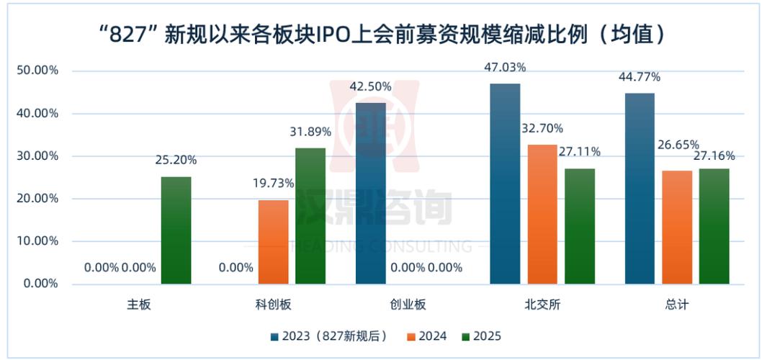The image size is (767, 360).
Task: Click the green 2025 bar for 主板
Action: [176, 230]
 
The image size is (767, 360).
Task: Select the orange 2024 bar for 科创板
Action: [273, 242]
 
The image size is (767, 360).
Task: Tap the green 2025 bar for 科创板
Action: [310, 216]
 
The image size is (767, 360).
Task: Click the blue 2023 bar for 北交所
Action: [505, 184]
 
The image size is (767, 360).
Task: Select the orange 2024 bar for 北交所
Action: [542, 214]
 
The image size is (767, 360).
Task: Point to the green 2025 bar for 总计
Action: [714, 226]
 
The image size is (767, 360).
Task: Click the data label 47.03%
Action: [505, 68]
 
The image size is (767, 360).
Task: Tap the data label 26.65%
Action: [676, 145]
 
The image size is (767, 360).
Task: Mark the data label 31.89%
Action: [310, 132]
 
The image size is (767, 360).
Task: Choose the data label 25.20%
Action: [176, 160]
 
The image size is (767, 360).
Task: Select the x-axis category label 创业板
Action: [408, 305]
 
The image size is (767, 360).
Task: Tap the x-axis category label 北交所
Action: [542, 305]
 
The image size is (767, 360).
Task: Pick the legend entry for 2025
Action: [482, 336]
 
